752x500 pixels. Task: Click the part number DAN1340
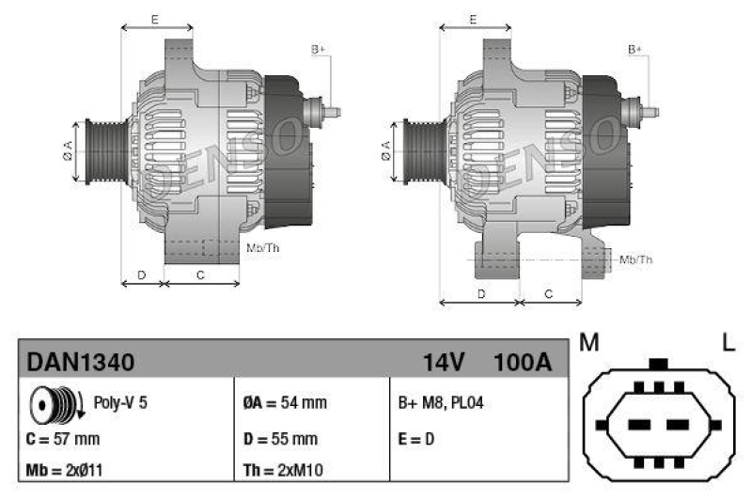(x=81, y=362)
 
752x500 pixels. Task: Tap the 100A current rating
(x=522, y=362)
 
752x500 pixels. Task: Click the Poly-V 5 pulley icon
(x=53, y=403)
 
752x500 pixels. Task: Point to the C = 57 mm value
(x=63, y=439)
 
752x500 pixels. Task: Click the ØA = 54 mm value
(x=284, y=403)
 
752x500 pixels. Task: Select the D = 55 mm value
(x=279, y=439)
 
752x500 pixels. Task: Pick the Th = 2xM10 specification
(x=286, y=470)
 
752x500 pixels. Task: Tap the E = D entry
(x=417, y=439)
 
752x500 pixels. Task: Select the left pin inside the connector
(x=640, y=425)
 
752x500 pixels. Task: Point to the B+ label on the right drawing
(x=635, y=48)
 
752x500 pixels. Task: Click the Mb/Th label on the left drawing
(x=262, y=248)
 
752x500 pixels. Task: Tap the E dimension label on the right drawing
(x=474, y=19)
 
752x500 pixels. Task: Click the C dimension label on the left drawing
(x=201, y=274)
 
